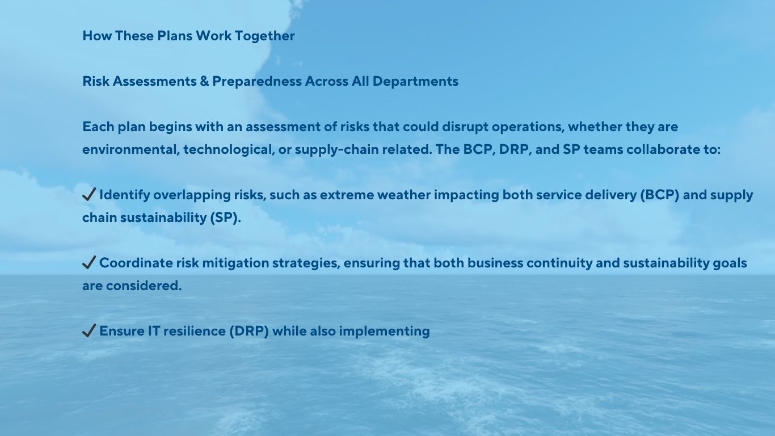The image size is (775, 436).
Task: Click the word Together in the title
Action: coord(265,36)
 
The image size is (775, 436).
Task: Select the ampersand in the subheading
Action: coord(204,81)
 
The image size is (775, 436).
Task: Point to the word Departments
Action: coord(415,82)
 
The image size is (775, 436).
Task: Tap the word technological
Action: coord(229,150)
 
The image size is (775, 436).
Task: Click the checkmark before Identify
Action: coord(89,194)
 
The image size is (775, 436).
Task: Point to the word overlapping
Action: coord(192,195)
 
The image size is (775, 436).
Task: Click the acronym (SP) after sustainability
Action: coord(225,218)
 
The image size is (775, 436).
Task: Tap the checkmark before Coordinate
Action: coord(89,262)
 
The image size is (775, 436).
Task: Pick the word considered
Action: coord(144,286)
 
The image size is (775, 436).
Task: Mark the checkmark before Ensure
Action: coord(89,331)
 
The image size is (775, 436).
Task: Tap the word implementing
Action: coord(385,332)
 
